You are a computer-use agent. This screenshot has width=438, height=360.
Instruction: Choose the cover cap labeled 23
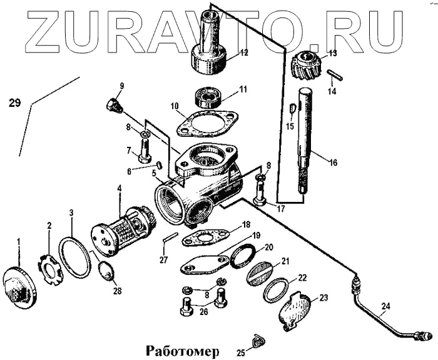(295, 311)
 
